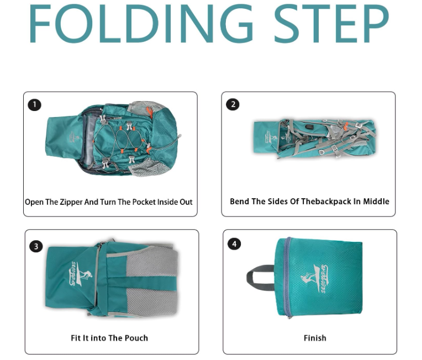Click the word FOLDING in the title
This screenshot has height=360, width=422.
pyautogui.click(x=141, y=24)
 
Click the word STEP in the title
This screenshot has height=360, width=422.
pyautogui.click(x=331, y=24)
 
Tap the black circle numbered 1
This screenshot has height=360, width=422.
pyautogui.click(x=34, y=105)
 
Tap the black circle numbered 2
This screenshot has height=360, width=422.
pyautogui.click(x=233, y=104)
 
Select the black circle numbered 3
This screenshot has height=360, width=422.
pyautogui.click(x=36, y=246)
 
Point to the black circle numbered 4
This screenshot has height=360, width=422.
pyautogui.click(x=234, y=244)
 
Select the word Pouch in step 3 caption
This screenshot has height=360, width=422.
pyautogui.click(x=136, y=338)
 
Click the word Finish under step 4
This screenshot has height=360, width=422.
pyautogui.click(x=315, y=338)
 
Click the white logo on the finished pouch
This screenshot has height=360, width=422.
pyautogui.click(x=314, y=279)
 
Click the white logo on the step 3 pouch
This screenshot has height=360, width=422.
pyautogui.click(x=80, y=274)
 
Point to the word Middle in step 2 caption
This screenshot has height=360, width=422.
pyautogui.click(x=376, y=202)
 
